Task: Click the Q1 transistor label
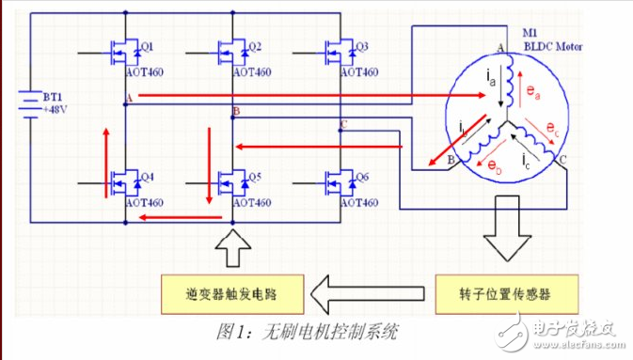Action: coord(148,46)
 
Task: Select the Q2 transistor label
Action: coord(256,46)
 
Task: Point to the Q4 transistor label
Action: coord(148,176)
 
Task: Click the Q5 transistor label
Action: coord(256,176)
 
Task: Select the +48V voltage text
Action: coord(55,110)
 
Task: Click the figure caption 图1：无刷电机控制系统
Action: coord(306,331)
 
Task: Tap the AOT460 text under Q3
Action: coord(358,72)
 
